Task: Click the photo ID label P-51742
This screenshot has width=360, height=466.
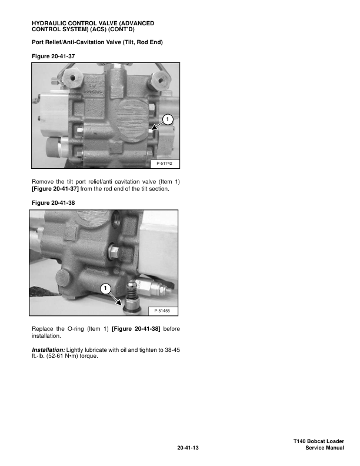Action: tap(164, 163)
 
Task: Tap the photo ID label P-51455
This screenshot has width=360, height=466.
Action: tap(162, 311)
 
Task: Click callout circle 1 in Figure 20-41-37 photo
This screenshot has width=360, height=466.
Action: tap(168, 119)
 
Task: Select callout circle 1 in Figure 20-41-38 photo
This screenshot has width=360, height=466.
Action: tap(105, 288)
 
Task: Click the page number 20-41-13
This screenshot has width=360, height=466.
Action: tap(188, 448)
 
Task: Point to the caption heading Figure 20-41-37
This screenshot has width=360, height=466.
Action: tap(53, 56)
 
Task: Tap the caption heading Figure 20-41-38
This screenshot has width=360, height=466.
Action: tap(53, 202)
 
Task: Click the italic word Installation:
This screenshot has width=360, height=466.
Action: tap(48, 350)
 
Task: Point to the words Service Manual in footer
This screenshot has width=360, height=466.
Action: tap(325, 448)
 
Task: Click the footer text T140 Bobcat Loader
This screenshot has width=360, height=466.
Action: tap(319, 441)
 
